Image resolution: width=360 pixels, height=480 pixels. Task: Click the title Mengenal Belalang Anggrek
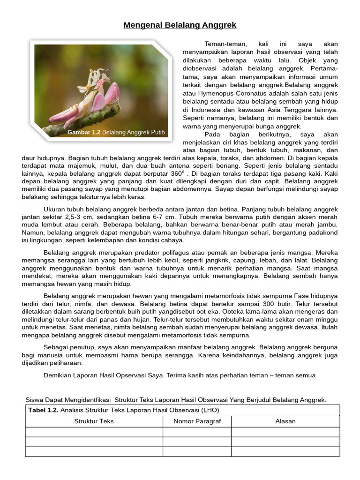click(180, 25)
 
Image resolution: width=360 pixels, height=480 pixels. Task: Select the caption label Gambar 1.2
click(84, 133)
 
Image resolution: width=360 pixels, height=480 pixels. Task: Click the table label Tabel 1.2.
click(44, 410)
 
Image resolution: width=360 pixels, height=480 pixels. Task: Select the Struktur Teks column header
click(94, 421)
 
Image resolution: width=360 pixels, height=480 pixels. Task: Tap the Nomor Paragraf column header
click(197, 421)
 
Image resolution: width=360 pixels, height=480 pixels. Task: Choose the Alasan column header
click(285, 421)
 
